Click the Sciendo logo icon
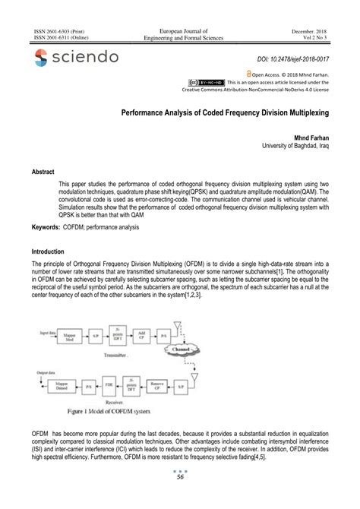tap(39, 58)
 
